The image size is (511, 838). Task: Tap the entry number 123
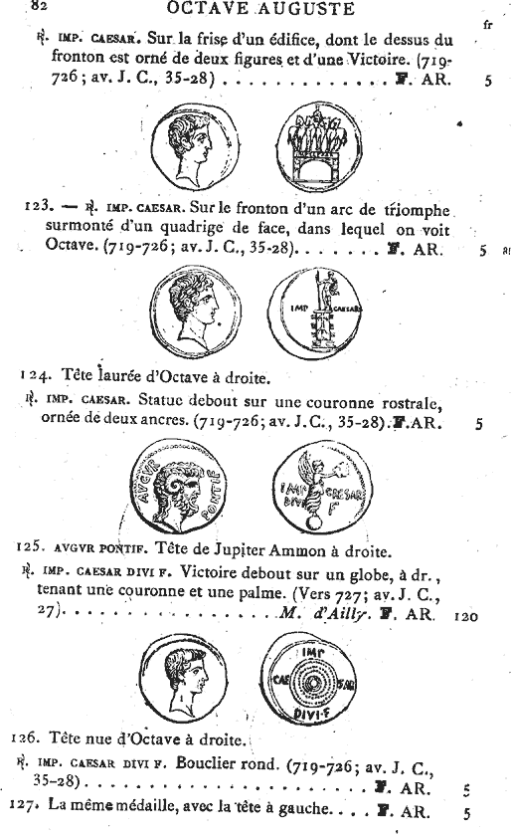[x=37, y=208]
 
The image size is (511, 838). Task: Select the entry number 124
[x=37, y=375]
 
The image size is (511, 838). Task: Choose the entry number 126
[x=37, y=739]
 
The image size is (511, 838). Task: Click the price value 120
[x=465, y=616]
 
